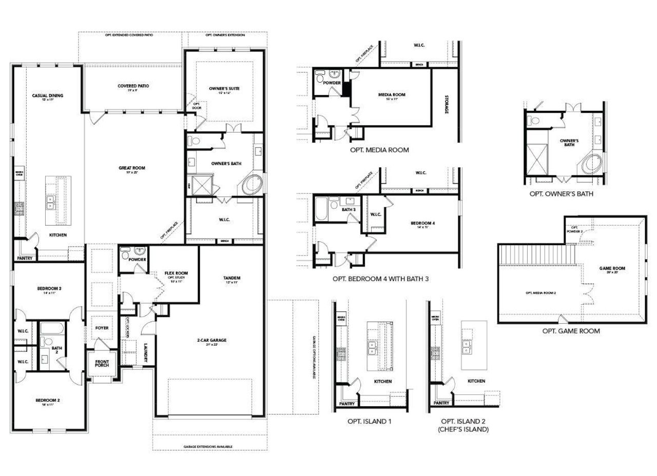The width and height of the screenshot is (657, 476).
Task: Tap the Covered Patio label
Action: coord(133,86)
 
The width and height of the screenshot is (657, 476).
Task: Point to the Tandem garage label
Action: coord(232,279)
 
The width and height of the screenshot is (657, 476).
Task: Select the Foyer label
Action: coord(102,327)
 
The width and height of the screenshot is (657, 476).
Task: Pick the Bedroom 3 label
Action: coord(49,289)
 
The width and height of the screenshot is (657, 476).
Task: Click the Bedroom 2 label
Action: coord(48,401)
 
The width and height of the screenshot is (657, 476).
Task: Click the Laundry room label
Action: coord(146,353)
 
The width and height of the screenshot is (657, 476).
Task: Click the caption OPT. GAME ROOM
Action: coord(571,331)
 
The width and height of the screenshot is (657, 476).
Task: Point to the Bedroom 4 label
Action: coord(422,223)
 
